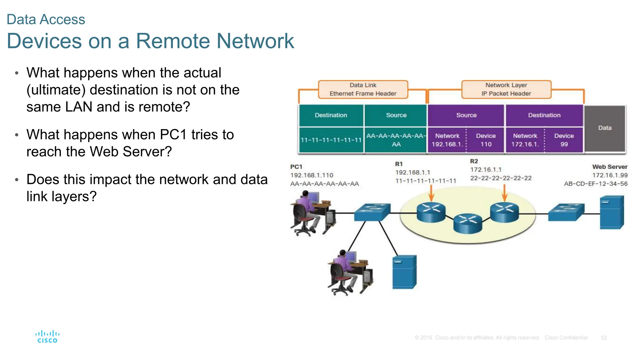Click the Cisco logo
(47, 337)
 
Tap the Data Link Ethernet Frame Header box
(363, 89)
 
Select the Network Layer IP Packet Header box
(506, 89)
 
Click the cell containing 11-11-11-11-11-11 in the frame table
(331, 140)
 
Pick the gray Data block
(605, 128)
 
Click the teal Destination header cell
(331, 115)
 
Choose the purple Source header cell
(466, 115)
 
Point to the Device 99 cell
(564, 140)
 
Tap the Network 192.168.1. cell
(447, 140)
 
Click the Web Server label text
(609, 167)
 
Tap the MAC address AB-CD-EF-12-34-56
(595, 184)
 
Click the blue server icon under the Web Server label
(612, 212)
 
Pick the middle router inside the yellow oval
(468, 223)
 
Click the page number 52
(603, 337)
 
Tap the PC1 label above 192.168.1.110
(296, 167)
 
